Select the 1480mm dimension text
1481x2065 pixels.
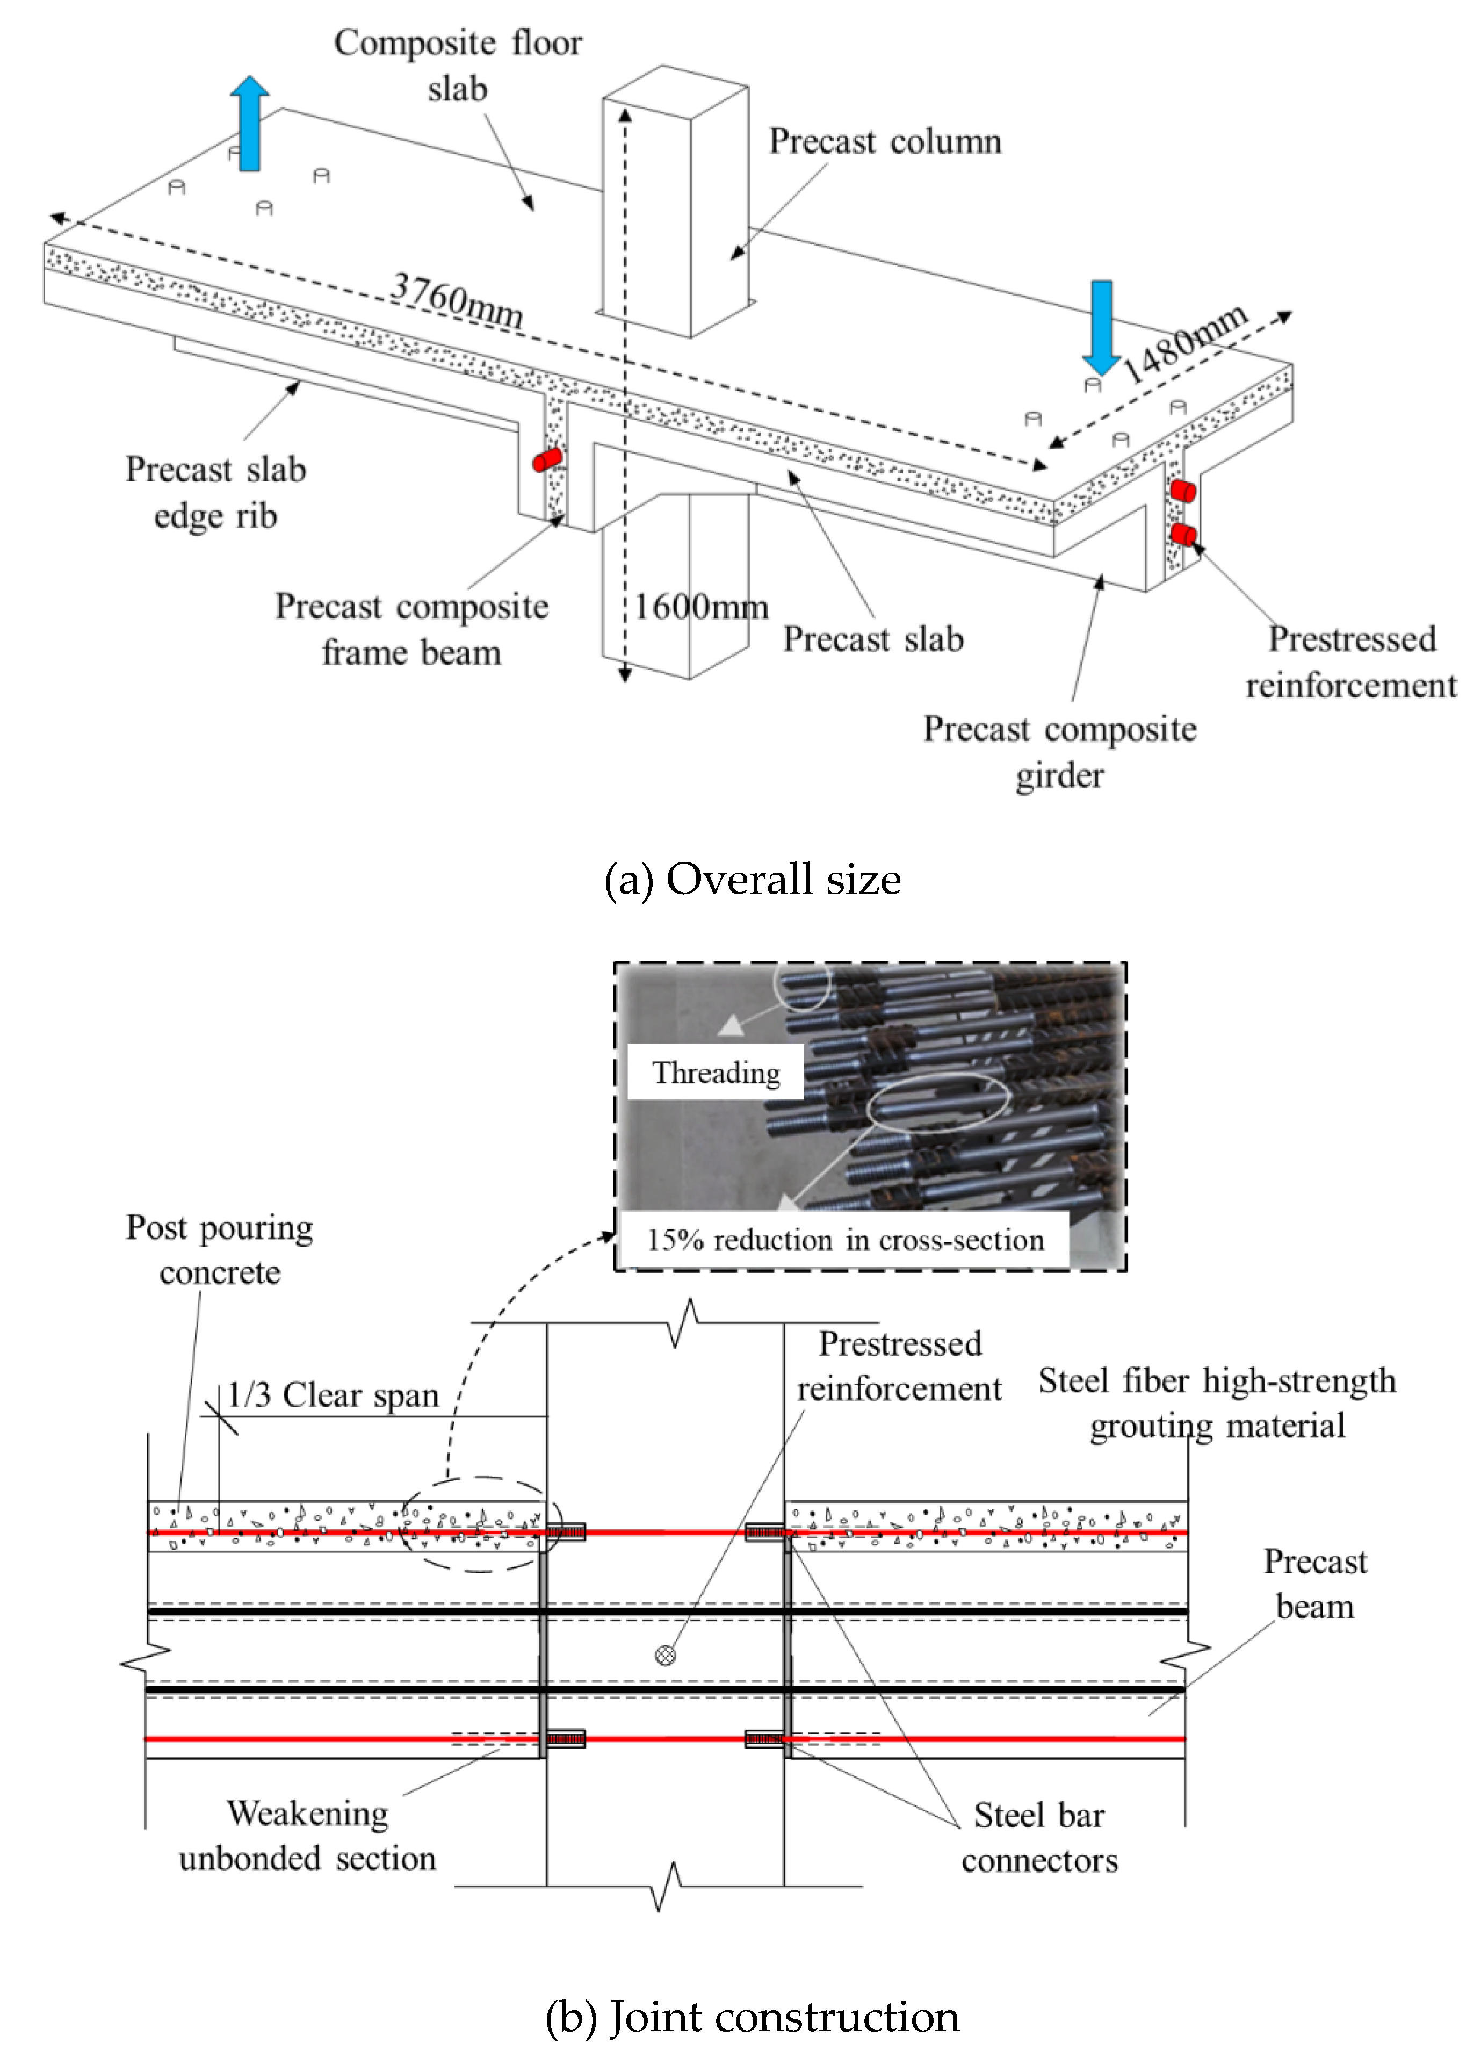point(1183,343)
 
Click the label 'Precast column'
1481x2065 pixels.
point(885,141)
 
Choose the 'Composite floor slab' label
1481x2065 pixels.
point(458,66)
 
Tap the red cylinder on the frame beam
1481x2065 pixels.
point(547,459)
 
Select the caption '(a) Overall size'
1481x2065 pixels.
point(752,880)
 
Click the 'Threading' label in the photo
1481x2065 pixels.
point(716,1073)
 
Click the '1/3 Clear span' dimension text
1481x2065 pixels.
point(333,1395)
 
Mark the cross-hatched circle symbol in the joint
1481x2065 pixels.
point(666,1655)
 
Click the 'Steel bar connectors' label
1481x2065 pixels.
point(1039,1837)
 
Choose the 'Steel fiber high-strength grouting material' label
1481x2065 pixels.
point(1217,1403)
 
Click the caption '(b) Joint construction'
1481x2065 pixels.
point(752,2016)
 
